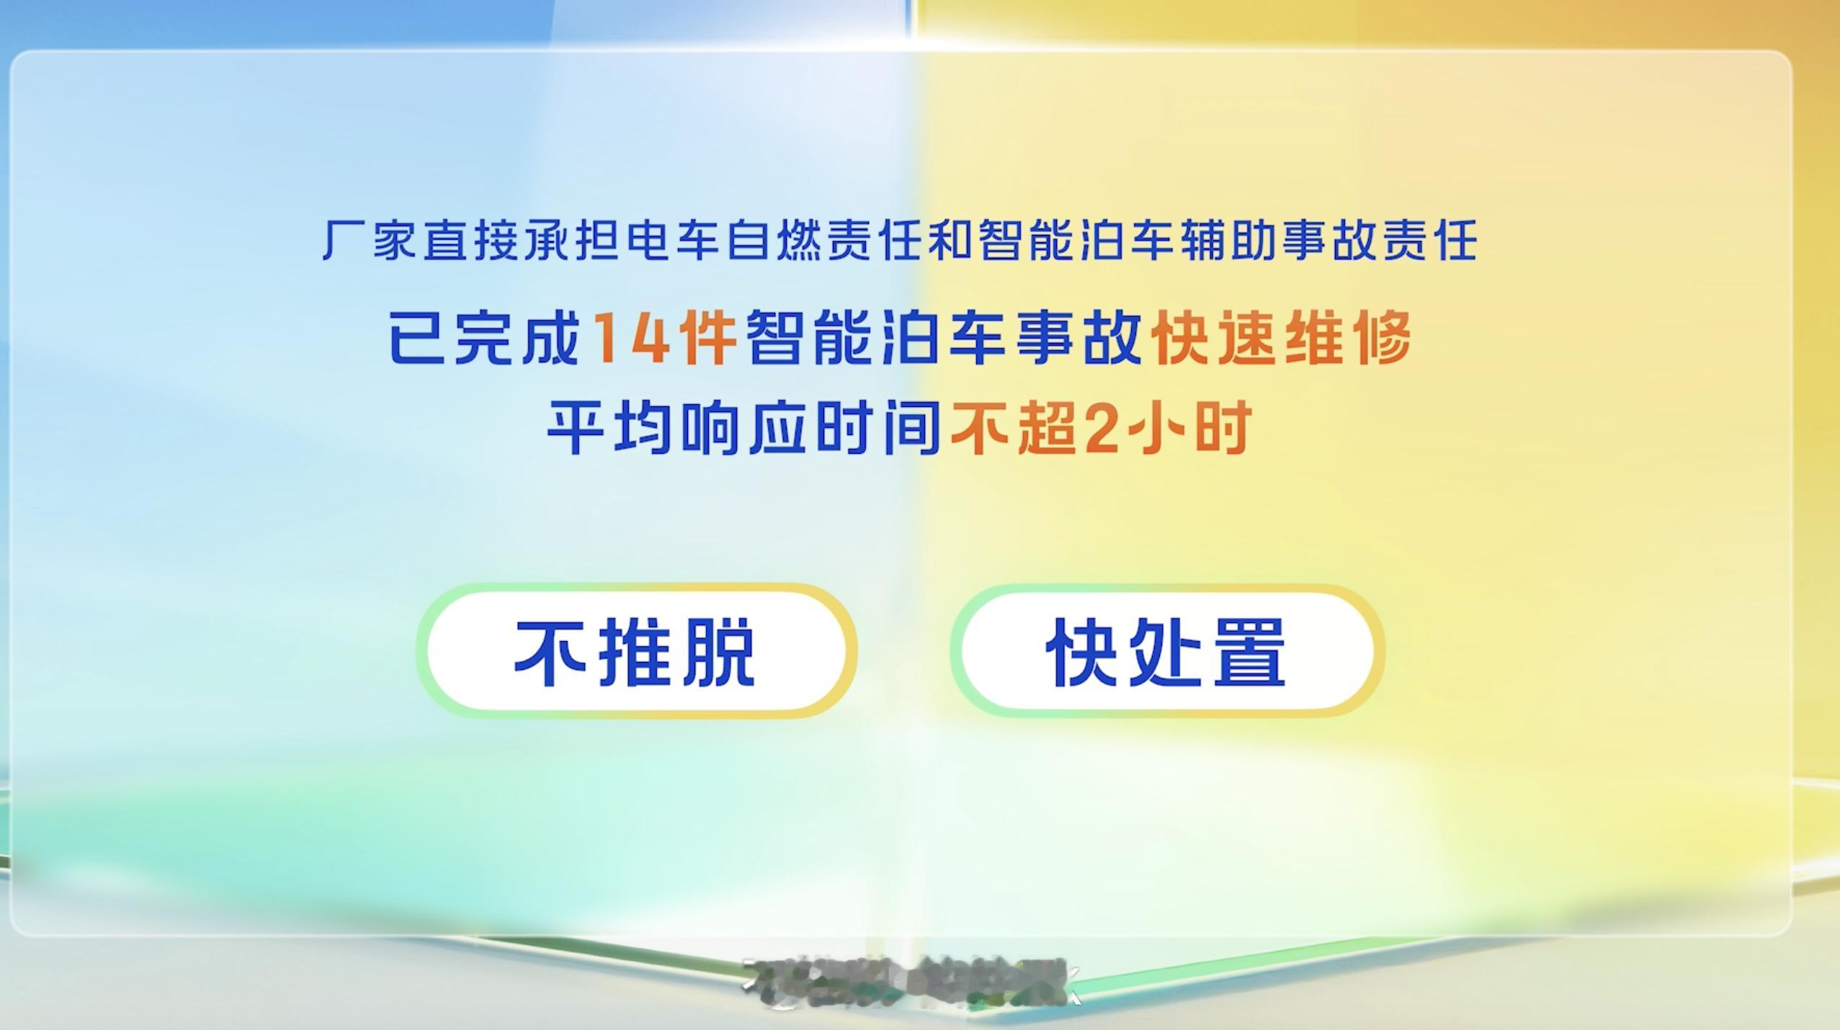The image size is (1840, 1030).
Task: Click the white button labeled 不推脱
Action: click(635, 651)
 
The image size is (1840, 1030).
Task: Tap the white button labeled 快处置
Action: click(1166, 651)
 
